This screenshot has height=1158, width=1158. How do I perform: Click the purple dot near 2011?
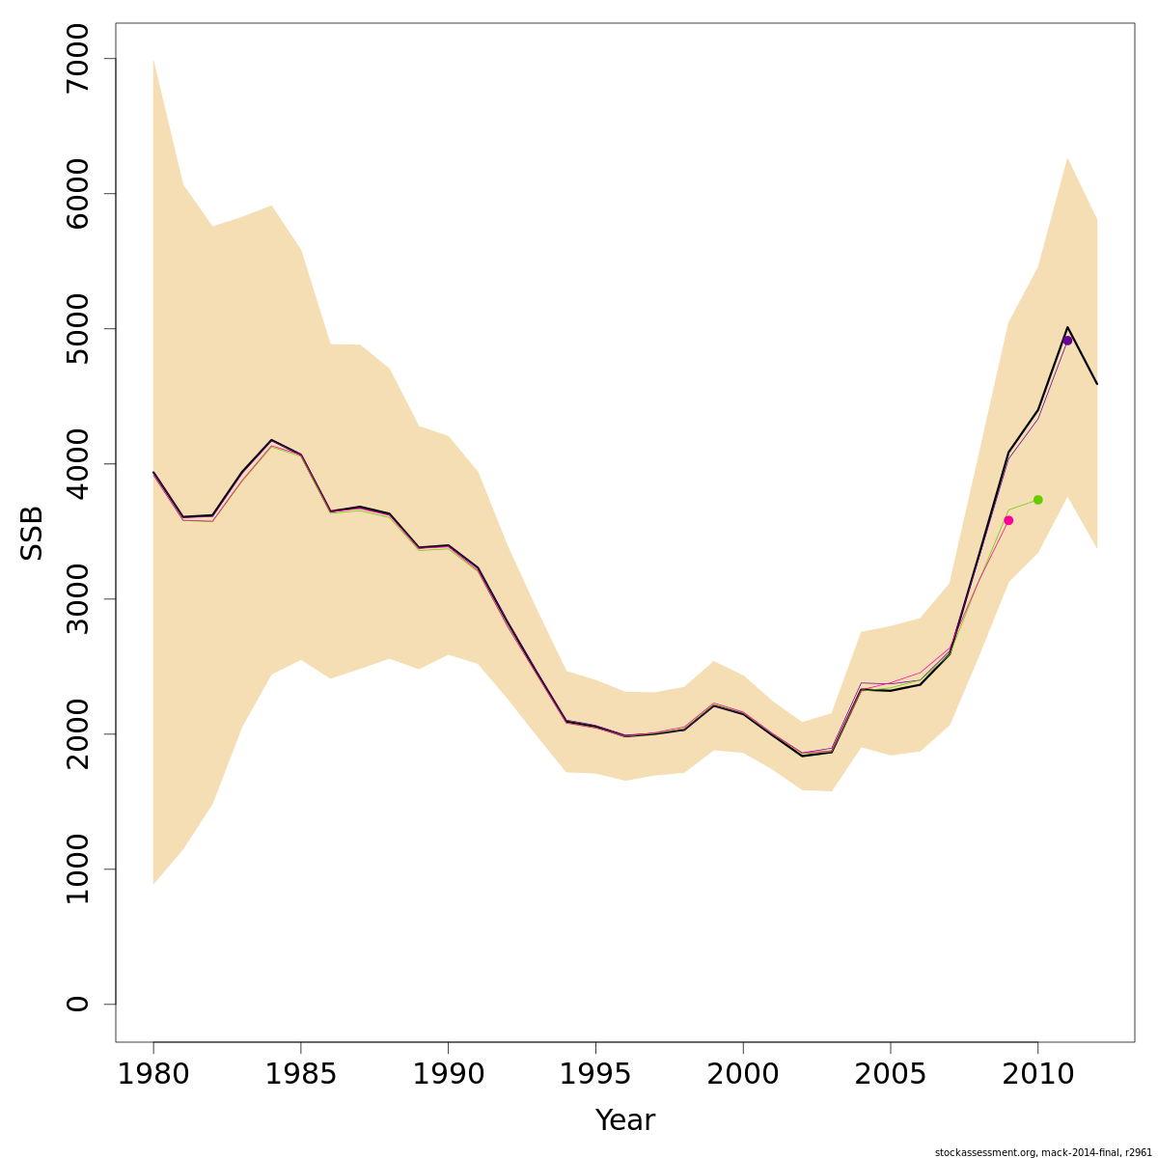coord(1067,341)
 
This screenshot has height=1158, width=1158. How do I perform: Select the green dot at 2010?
coord(1038,500)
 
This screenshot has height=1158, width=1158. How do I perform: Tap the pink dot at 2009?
coord(1008,520)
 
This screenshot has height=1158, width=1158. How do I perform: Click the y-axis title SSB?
coord(33,533)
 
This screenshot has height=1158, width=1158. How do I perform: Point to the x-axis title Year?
coord(624,1120)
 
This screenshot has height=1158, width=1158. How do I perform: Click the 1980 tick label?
coord(153,1074)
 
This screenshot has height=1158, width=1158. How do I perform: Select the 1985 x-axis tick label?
coord(301,1074)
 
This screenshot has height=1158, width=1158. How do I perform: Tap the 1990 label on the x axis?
coord(449,1074)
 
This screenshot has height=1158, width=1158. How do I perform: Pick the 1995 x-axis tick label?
coord(595,1074)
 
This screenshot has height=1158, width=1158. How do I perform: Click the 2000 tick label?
coord(743,1074)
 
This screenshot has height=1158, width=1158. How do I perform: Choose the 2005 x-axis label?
coord(891,1074)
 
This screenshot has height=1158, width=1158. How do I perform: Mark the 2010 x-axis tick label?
coord(1038,1074)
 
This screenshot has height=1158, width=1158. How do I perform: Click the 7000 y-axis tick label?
coord(77,59)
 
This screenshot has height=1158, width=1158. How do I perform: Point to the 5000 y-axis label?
coord(77,329)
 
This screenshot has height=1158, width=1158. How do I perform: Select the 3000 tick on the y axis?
coord(77,599)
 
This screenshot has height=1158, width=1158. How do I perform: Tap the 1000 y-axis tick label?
coord(77,869)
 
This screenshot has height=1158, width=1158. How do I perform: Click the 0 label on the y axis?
coord(77,1004)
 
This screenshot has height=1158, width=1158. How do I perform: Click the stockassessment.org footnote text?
coord(1043,1152)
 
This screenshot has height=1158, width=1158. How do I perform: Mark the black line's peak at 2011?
coord(1067,327)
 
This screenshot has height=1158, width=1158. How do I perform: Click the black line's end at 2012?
coord(1097,384)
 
